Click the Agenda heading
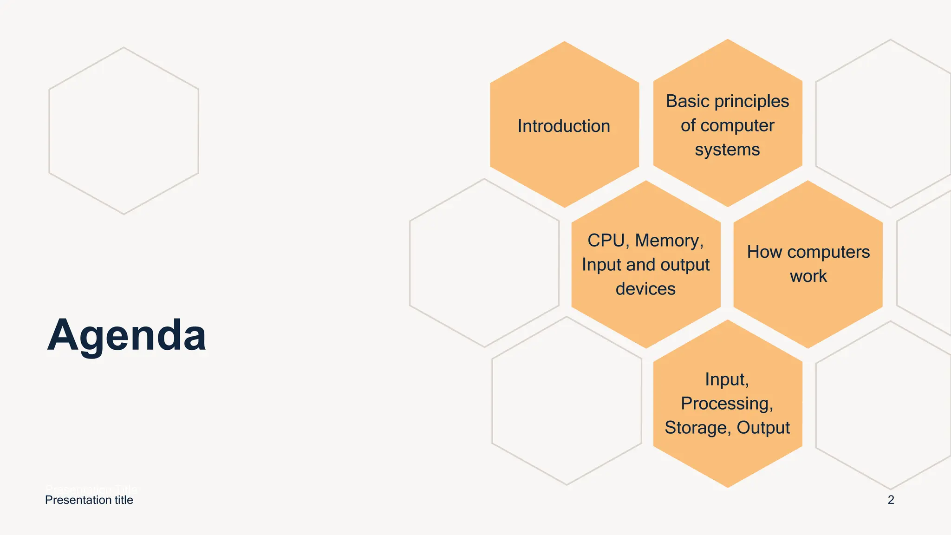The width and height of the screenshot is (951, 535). pos(126,335)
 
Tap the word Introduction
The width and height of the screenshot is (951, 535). pos(564,126)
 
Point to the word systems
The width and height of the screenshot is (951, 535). pos(727,150)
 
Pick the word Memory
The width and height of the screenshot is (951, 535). pos(669,241)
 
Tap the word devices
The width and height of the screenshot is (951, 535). pos(645,289)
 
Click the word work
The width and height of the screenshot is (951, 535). pos(808,276)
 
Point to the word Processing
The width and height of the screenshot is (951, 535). pos(727,404)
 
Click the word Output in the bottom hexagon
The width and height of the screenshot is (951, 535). pos(763,428)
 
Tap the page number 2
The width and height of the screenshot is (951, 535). pos(891,500)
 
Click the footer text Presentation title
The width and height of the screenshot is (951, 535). pos(89,500)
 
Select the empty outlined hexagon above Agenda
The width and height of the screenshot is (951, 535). pos(124,130)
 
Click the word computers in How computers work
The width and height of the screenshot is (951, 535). pos(828,252)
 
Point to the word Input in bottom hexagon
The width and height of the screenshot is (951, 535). pos(727,379)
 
